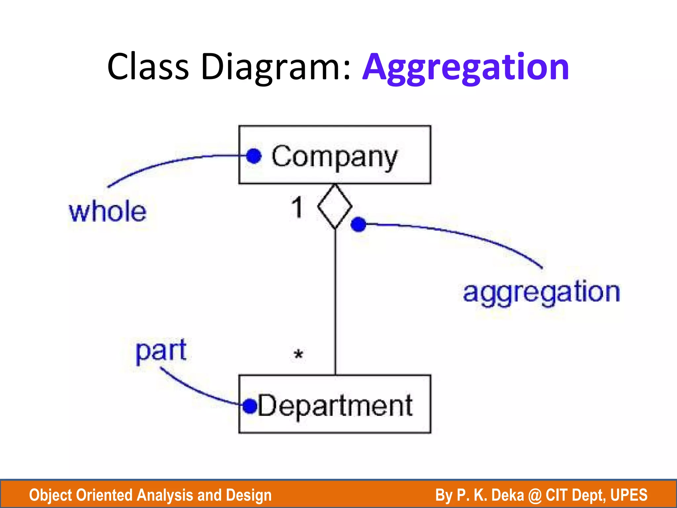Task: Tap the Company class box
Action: [335, 155]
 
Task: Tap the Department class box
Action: [335, 404]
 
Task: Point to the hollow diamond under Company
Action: [335, 206]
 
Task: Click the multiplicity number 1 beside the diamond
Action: [297, 207]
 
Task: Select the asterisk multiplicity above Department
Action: [298, 355]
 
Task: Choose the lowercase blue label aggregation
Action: [541, 293]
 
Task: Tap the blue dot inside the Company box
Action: [254, 156]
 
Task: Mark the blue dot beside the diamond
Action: [358, 225]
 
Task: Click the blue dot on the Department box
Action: [250, 406]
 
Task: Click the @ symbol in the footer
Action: [535, 495]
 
